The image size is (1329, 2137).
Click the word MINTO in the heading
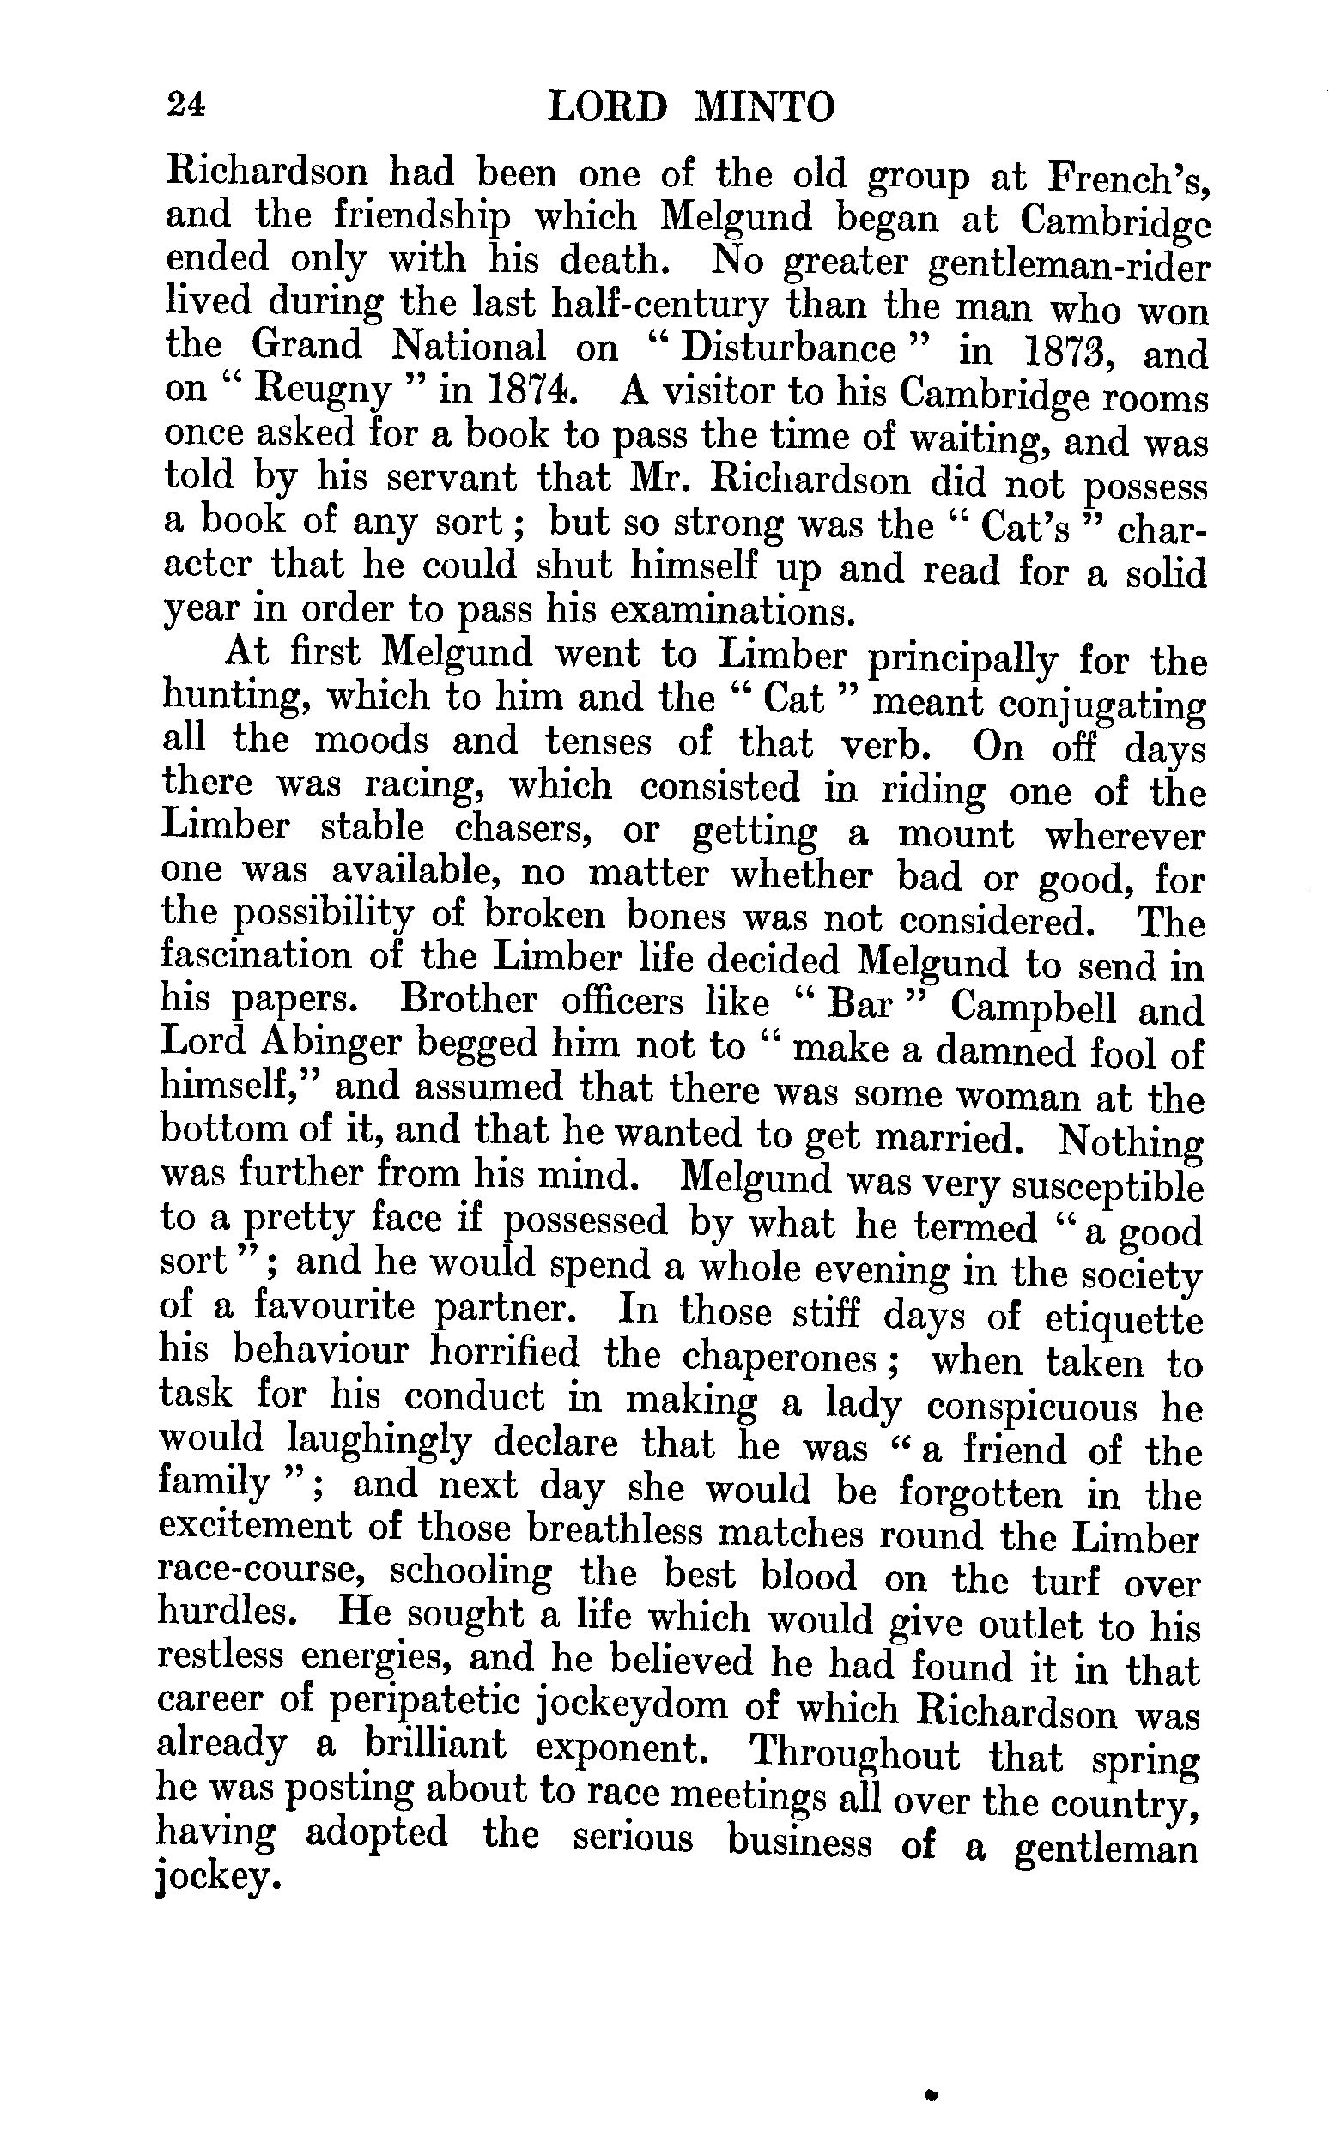[x=764, y=109]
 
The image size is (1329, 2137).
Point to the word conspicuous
[x=1032, y=1407]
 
